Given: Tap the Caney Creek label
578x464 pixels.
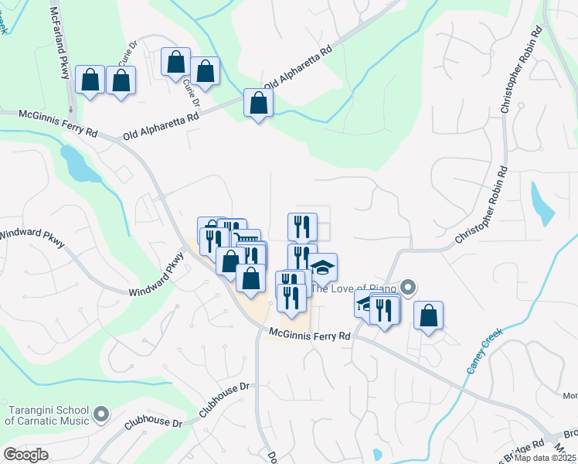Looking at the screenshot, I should (484, 350).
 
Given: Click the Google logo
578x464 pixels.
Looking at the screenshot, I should (26, 455).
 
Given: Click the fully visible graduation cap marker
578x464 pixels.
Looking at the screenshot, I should (323, 267).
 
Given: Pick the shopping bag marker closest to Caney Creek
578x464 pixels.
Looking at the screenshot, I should (428, 315).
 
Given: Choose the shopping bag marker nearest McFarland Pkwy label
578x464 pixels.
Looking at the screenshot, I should (90, 79).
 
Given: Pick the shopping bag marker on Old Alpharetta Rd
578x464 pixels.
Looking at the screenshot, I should (257, 102).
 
